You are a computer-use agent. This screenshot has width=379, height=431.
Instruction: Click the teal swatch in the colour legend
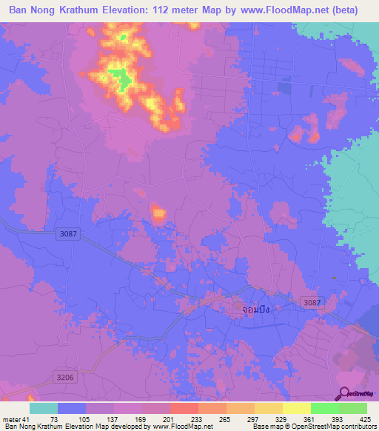44,408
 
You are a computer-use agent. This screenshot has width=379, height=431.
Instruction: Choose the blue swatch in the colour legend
72,408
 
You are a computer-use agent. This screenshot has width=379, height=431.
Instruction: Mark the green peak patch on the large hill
118,77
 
